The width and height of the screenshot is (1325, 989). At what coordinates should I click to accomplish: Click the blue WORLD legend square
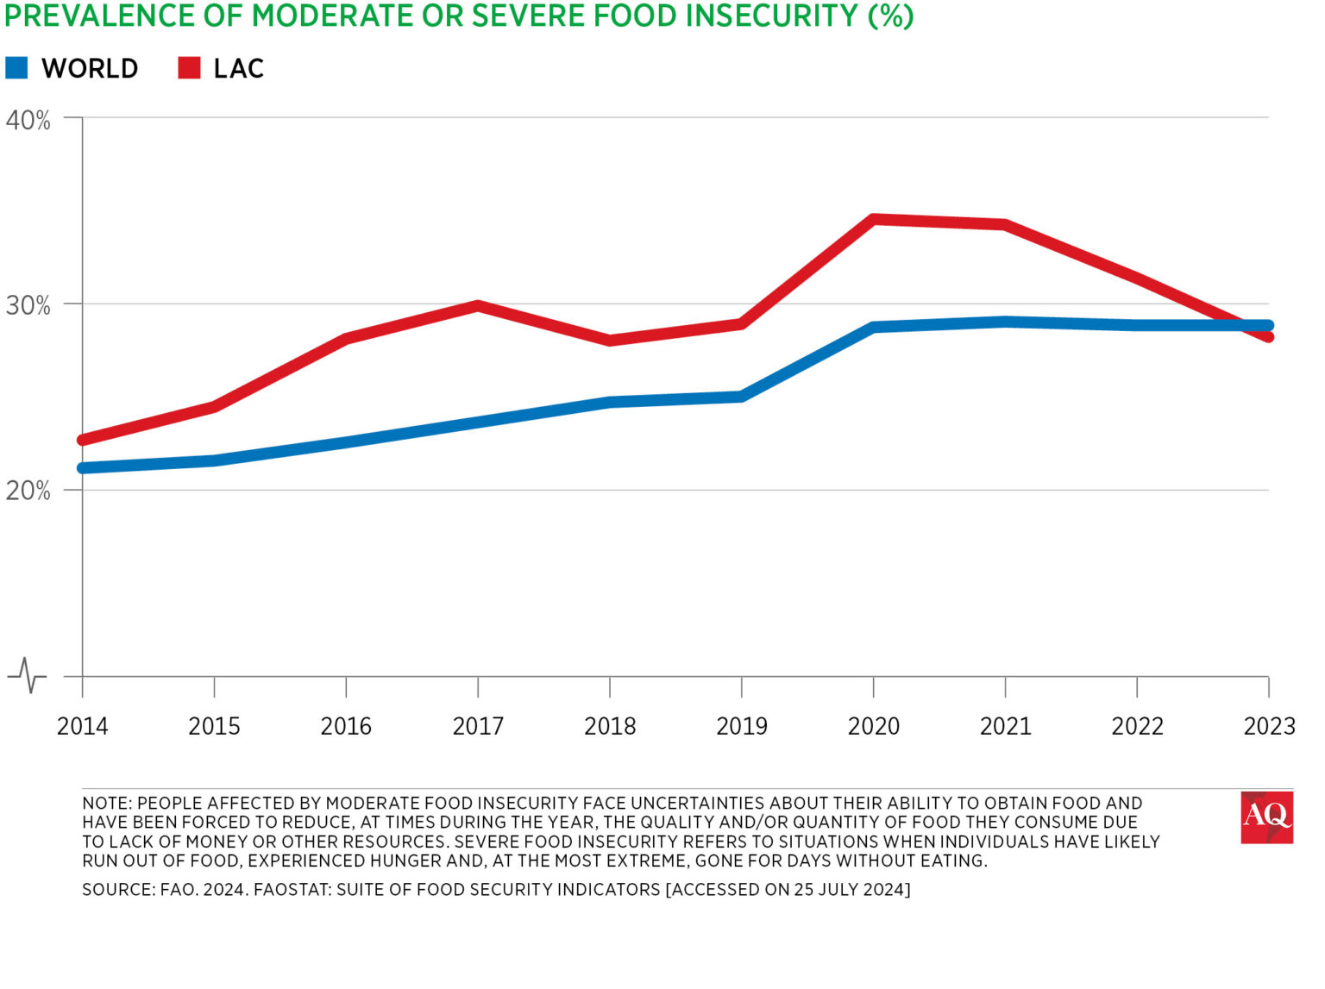17,68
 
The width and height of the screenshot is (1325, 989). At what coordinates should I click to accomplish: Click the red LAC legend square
189,68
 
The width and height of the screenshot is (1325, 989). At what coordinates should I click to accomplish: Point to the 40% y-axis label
28,120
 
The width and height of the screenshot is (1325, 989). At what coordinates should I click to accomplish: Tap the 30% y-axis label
28,305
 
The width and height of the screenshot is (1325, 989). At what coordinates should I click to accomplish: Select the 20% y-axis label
28,491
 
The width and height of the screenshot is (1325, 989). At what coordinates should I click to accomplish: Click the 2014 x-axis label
83,726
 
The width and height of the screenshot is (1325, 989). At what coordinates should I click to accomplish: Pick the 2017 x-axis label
478,726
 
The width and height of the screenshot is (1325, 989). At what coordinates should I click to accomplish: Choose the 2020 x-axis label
873,726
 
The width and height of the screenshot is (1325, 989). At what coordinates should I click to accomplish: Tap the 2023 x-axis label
1268,726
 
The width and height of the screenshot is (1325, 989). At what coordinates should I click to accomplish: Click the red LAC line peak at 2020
873,220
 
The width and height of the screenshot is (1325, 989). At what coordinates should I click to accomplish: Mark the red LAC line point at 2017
478,305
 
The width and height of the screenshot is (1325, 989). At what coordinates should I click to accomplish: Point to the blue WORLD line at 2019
741,397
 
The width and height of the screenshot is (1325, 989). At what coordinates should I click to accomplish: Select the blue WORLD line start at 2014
84,468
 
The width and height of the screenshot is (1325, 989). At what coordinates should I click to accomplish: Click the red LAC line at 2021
1005,225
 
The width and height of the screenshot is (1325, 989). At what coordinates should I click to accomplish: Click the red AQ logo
1266,817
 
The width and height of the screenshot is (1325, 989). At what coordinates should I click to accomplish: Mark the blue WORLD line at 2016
346,442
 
